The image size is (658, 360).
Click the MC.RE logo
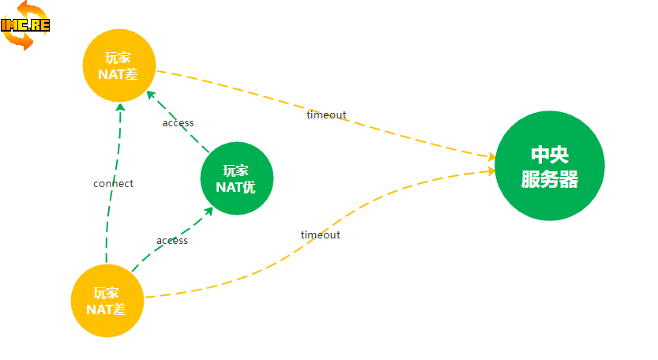click(26, 25)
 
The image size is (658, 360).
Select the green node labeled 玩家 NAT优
click(237, 178)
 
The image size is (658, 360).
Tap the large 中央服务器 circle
click(550, 166)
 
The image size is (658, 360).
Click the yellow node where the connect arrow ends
click(119, 66)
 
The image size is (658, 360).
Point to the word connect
click(113, 184)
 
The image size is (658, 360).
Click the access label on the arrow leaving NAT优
click(178, 123)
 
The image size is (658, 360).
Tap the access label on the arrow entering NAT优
click(172, 241)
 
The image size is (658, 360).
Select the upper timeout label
click(326, 115)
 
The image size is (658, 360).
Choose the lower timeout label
click(320, 235)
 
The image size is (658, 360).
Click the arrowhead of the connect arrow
click(120, 107)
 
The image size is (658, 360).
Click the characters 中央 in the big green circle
click(550, 155)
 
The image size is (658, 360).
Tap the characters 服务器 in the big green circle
click(550, 179)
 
